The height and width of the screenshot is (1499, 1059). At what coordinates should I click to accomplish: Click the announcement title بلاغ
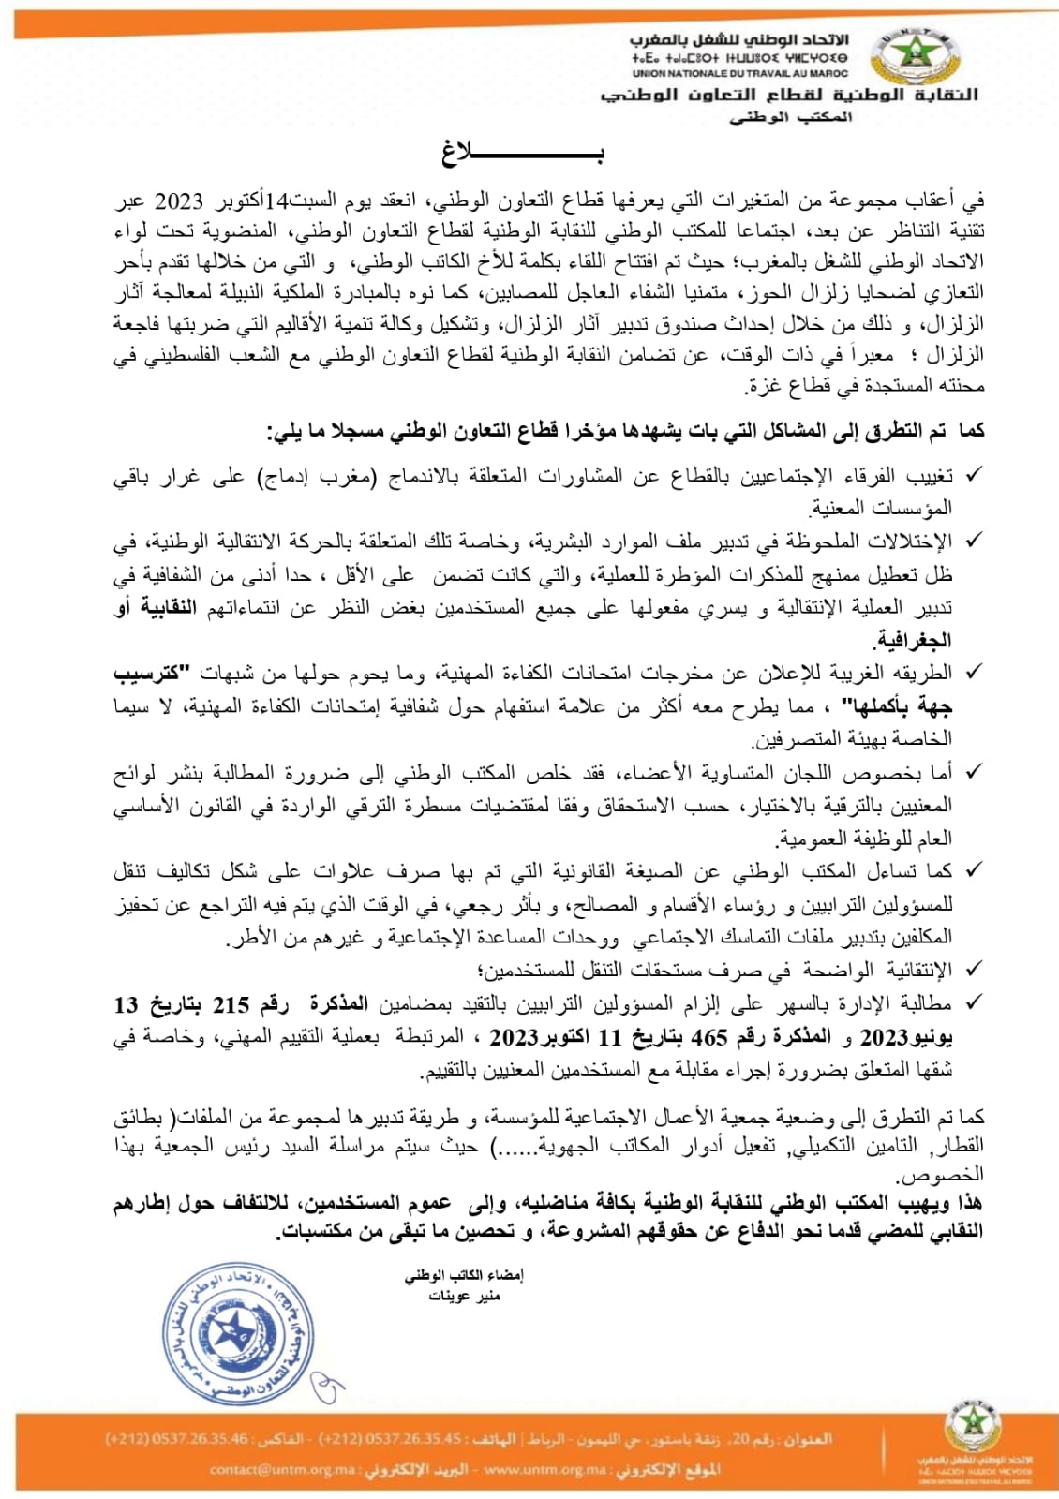coord(523,154)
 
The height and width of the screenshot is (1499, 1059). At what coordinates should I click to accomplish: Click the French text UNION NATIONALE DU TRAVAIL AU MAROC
coord(739,73)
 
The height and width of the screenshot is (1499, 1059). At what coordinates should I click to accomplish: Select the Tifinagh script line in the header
coord(739,58)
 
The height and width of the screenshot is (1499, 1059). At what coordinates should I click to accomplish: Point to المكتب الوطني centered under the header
coord(791,118)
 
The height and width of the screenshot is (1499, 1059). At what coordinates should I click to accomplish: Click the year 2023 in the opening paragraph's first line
coord(178,200)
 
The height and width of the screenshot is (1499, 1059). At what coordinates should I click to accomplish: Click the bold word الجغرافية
coord(914,641)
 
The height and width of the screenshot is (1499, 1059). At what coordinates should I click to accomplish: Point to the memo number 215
coord(231,1005)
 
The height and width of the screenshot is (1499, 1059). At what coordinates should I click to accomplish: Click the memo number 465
coord(709,1037)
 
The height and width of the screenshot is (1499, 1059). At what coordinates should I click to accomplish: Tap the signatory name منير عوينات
coord(465,1296)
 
